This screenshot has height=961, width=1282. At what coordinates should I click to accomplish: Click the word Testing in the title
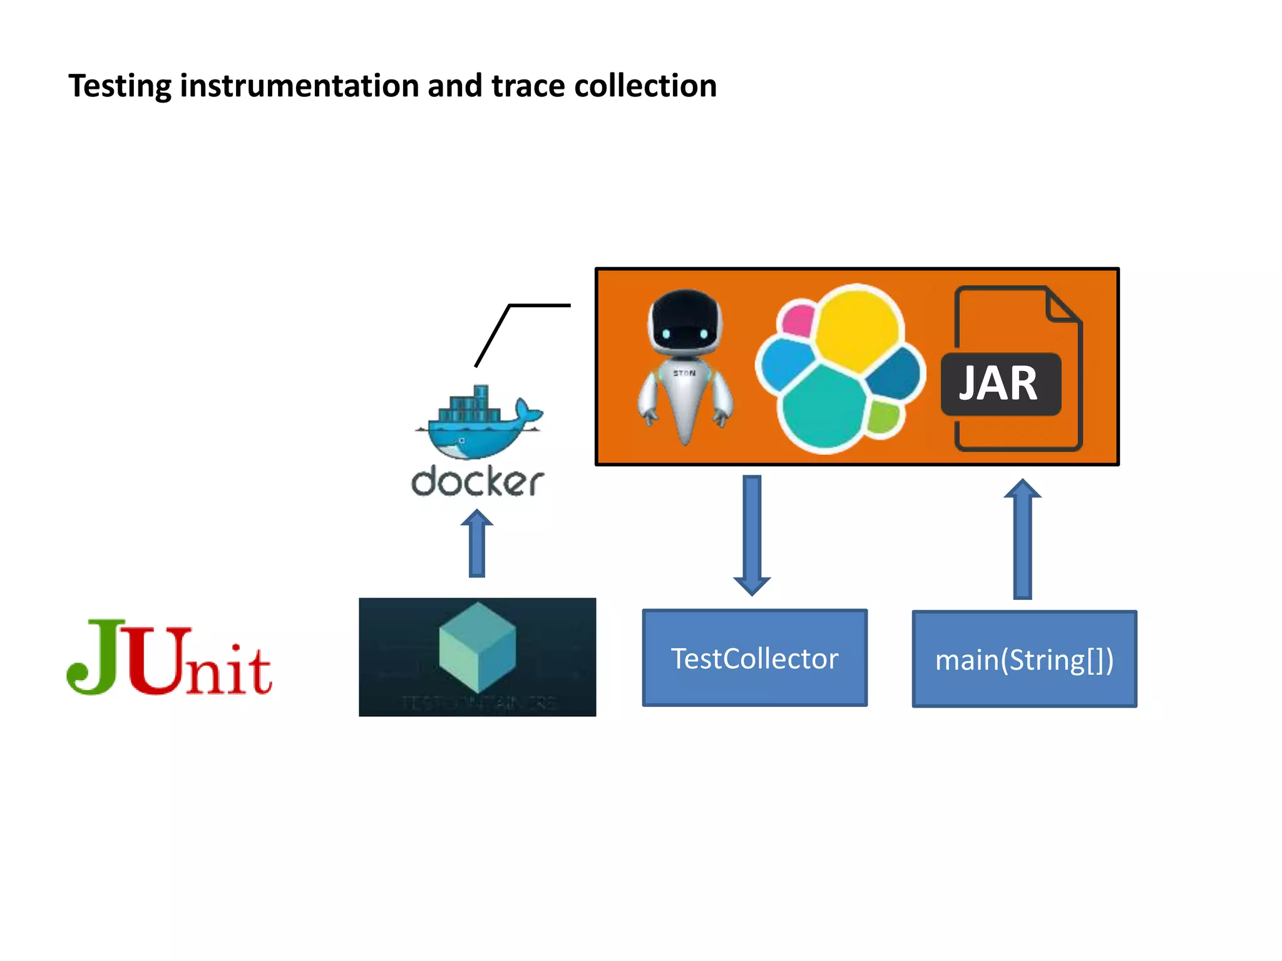119,86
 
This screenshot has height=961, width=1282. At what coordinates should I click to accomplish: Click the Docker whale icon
478,424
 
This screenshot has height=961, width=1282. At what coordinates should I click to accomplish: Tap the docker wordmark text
477,482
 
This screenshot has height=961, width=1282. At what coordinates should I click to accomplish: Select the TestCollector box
755,658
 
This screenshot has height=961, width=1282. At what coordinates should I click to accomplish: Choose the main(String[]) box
1024,659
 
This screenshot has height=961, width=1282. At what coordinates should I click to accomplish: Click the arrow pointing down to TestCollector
752,535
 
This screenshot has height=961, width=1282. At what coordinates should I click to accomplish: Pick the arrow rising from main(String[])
1022,539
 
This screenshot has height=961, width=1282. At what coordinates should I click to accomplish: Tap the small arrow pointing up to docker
477,543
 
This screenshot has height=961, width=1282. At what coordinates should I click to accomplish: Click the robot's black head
685,322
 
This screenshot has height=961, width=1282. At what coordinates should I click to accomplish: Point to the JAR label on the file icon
999,384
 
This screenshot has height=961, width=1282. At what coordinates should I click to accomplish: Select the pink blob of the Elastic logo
797,320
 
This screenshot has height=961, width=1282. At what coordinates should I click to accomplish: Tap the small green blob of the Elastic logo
884,417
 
